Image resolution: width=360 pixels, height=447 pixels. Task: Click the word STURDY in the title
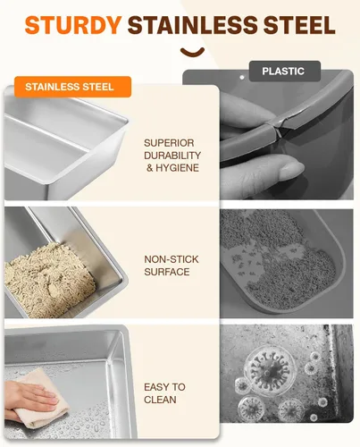click(x=73, y=25)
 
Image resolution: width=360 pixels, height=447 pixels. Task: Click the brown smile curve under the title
click(x=192, y=52)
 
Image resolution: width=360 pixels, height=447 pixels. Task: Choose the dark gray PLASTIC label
click(x=285, y=71)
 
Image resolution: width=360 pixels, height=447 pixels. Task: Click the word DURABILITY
click(x=172, y=156)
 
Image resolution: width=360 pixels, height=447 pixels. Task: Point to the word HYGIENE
click(x=177, y=168)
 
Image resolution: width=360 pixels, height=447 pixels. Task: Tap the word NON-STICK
click(x=172, y=259)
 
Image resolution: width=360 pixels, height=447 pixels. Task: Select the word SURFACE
click(x=167, y=272)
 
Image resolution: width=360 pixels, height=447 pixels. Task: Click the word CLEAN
click(x=160, y=400)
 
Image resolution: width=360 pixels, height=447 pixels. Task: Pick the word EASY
click(x=155, y=387)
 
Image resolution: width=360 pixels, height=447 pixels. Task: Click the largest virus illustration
click(x=270, y=368)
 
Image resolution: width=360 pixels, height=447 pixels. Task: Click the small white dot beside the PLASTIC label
click(x=242, y=78)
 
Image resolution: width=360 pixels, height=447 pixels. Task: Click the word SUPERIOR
click(x=169, y=143)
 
